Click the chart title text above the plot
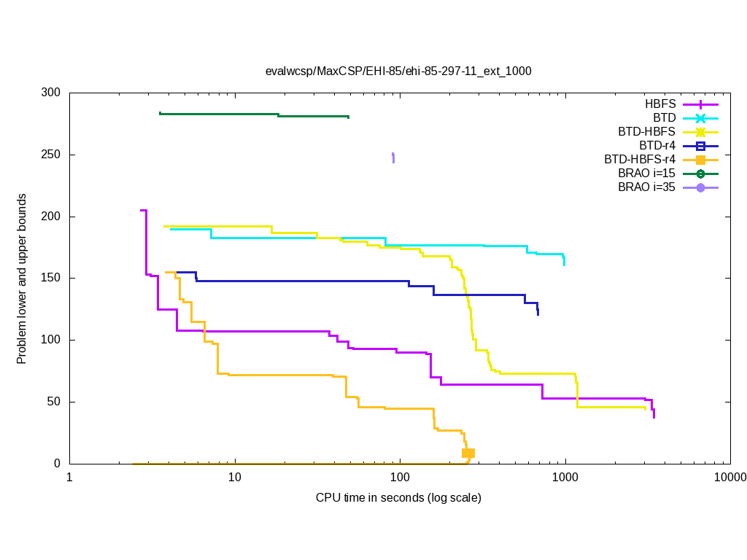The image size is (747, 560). coord(398,71)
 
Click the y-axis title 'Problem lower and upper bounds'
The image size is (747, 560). coord(22,279)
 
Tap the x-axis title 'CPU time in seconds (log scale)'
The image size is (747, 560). coord(398,498)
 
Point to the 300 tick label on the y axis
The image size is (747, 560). coord(51,93)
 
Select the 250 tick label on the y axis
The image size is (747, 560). coord(51,155)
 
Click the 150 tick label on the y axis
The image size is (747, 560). coord(51,279)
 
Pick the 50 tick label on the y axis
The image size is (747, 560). coord(54,402)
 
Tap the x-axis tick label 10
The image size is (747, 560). coord(234,478)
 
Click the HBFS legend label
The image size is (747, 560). coord(660,104)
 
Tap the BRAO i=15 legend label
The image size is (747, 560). coord(646,174)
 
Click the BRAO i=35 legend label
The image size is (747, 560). coord(646,187)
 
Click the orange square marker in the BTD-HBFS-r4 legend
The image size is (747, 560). coord(700,160)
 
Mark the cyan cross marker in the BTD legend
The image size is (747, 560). coord(700,118)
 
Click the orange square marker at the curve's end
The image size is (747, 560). coord(468,454)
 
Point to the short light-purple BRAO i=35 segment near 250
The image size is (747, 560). coord(393,157)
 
